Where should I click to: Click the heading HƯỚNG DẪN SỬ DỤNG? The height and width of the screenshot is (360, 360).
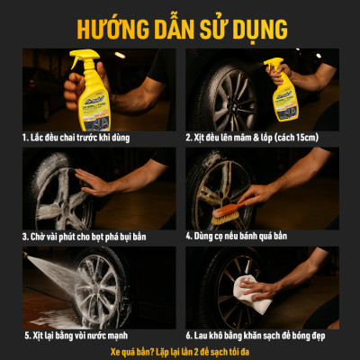180,24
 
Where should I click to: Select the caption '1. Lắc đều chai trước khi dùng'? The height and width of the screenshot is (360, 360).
91,138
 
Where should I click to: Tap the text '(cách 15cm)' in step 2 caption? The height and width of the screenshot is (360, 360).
319,138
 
